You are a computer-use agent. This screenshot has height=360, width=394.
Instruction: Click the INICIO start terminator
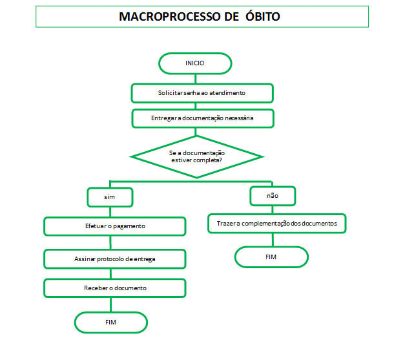pos(195,63)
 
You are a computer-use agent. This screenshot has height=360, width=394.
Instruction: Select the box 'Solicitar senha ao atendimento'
pos(202,93)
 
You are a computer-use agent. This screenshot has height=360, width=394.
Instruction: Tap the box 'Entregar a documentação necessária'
pos(203,118)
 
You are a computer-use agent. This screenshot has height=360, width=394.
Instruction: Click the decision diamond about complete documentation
pos(196,157)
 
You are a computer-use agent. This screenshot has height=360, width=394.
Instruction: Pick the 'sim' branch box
pos(110,197)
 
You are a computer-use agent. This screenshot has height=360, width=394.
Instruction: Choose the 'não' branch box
pos(273,196)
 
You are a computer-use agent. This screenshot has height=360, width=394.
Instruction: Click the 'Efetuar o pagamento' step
pos(115,226)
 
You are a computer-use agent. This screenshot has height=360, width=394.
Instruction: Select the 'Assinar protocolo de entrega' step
pos(115,259)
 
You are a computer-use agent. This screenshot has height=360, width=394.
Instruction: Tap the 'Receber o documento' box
pos(115,288)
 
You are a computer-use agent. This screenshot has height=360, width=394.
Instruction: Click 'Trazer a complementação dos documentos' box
pos(277,224)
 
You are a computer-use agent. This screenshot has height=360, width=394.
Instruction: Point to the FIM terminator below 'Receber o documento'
pos(111,323)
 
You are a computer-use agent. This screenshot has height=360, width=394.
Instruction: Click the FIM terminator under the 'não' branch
pos(271,257)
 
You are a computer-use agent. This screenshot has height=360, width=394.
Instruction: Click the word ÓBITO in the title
pos(263,17)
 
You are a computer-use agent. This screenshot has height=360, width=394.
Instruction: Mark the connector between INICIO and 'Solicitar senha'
pos(196,79)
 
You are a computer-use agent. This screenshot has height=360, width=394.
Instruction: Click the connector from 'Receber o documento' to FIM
pos(111,305)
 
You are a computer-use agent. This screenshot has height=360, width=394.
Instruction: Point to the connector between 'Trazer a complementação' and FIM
pos(273,240)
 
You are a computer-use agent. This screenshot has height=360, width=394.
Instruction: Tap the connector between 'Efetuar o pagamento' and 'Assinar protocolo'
pos(110,242)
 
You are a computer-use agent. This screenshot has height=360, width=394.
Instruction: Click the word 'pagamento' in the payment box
pos(129,226)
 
